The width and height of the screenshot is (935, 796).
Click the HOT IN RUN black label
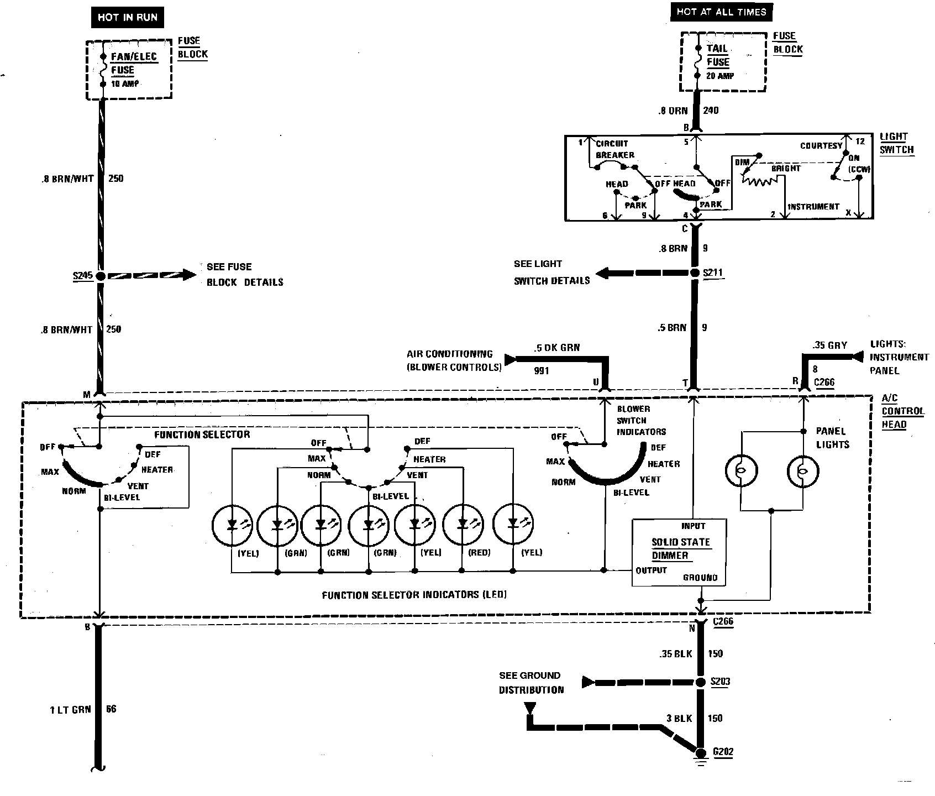[127, 18]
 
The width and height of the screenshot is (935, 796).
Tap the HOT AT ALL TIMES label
[721, 12]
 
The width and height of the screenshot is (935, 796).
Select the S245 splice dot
[101, 275]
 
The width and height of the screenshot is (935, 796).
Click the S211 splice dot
[695, 273]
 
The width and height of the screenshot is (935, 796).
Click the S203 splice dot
[700, 682]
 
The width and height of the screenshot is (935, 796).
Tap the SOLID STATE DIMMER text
[680, 549]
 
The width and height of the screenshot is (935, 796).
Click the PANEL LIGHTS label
[832, 437]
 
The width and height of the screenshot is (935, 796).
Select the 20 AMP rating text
[719, 76]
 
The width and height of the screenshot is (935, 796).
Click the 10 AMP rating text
[125, 84]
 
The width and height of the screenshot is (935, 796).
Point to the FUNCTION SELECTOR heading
[202, 434]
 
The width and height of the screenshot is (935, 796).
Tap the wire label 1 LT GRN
[70, 709]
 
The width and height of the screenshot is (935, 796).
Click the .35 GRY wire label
[829, 345]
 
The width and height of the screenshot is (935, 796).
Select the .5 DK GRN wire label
[556, 348]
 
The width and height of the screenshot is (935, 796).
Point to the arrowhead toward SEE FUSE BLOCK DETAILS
[189, 275]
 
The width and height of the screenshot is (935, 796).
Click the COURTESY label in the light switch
[821, 145]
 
